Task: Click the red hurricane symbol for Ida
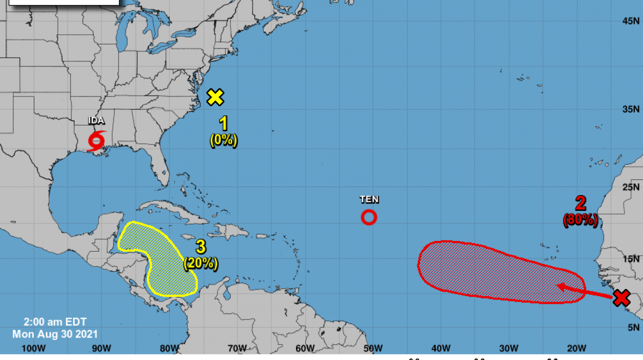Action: (96, 140)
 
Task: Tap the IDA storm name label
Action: (96, 121)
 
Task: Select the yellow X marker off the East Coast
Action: (215, 97)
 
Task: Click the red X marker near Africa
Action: (621, 298)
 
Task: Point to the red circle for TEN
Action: (369, 218)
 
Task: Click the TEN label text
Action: (369, 199)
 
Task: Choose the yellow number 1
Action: (224, 124)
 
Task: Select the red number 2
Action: (580, 203)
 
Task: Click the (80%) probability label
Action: (580, 220)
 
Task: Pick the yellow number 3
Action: (201, 247)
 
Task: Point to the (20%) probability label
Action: (201, 263)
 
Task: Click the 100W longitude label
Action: (34, 348)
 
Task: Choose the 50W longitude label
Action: (373, 348)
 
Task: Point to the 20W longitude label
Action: (576, 348)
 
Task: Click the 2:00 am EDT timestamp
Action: (55, 322)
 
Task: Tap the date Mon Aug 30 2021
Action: (55, 334)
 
